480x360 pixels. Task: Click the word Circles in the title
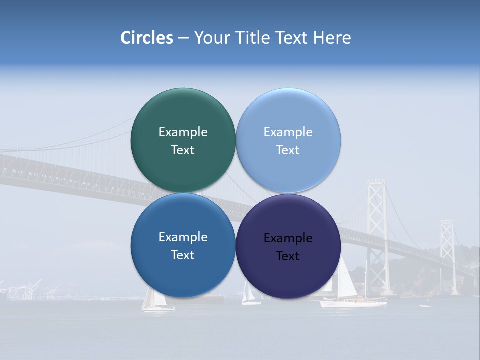click(146, 38)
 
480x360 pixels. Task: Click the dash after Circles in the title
click(183, 38)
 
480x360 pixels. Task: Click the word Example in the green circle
click(183, 132)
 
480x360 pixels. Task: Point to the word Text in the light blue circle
click(288, 150)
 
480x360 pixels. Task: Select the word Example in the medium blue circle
click(183, 237)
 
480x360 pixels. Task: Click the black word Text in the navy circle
click(288, 256)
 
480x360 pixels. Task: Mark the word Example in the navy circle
click(288, 238)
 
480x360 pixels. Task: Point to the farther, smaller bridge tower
click(446, 250)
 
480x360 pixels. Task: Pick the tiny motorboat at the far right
click(424, 305)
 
